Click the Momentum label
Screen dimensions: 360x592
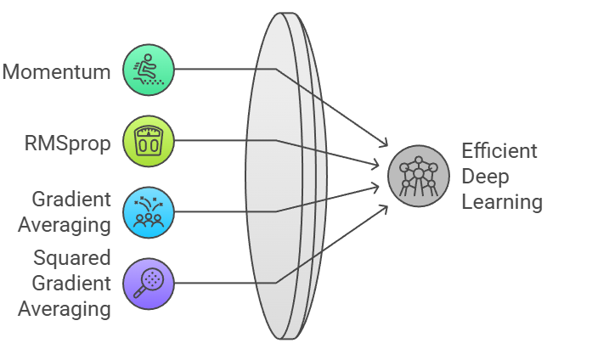click(57, 71)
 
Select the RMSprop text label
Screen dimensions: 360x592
click(68, 143)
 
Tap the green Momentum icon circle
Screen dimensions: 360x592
click(149, 70)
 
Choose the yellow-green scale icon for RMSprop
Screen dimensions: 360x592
click(149, 141)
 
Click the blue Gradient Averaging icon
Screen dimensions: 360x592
click(149, 211)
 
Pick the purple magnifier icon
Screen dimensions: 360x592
click(149, 282)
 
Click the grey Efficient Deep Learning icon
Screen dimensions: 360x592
click(418, 175)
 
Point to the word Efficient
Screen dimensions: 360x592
click(499, 151)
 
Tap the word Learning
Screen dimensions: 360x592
click(502, 202)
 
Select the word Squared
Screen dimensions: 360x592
click(72, 257)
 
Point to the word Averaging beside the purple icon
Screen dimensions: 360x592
click(65, 308)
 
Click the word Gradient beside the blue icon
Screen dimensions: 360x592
click(71, 200)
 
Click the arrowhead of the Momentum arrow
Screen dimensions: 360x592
click(385, 145)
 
